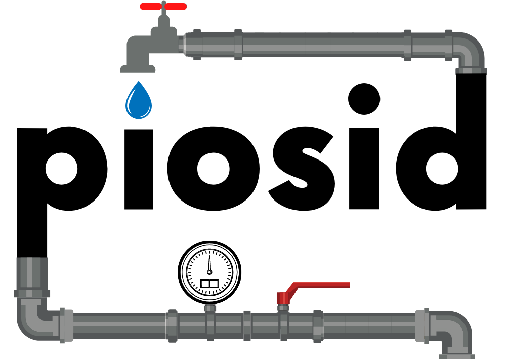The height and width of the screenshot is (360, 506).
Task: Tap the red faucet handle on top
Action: [163, 6]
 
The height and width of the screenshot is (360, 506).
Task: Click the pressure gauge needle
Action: [209, 264]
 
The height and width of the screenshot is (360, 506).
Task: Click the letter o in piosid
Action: [214, 169]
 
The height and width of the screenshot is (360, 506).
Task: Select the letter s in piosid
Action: [302, 169]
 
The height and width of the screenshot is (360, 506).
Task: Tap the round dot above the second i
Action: [364, 99]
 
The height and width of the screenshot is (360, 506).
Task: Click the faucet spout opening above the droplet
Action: [138, 69]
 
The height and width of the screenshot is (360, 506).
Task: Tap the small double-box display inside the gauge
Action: [210, 284]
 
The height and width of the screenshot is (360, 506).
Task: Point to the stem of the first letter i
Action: [139, 169]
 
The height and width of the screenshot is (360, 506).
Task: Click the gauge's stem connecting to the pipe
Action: [210, 308]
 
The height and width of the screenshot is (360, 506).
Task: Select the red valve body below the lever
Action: [283, 299]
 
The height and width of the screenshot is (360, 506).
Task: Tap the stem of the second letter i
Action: [364, 169]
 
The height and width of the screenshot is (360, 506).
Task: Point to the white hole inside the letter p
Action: [62, 169]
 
